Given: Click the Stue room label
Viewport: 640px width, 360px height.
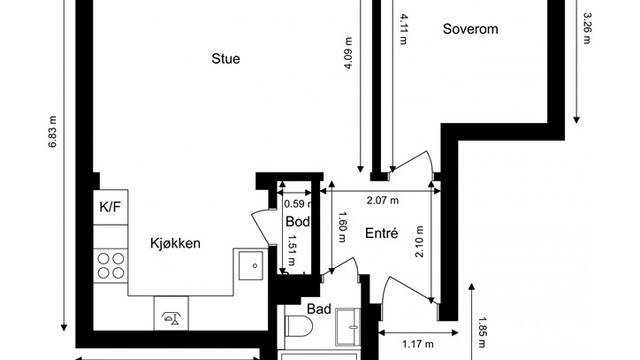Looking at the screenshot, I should tap(225, 58).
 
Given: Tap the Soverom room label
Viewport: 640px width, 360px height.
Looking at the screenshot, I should tap(471, 29).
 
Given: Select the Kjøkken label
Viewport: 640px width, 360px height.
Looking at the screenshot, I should tap(177, 243).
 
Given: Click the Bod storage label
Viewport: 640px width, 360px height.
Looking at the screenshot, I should tap(296, 221).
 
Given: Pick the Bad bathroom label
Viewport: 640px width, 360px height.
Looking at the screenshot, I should tap(319, 310).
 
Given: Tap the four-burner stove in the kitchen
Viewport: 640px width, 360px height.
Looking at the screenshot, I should tap(109, 267).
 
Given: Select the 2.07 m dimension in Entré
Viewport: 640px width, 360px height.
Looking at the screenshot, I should tap(381, 200).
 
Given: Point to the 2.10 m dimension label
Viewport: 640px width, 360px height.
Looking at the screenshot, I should tap(419, 241).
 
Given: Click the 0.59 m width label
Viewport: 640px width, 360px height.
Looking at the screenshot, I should tap(295, 204).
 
